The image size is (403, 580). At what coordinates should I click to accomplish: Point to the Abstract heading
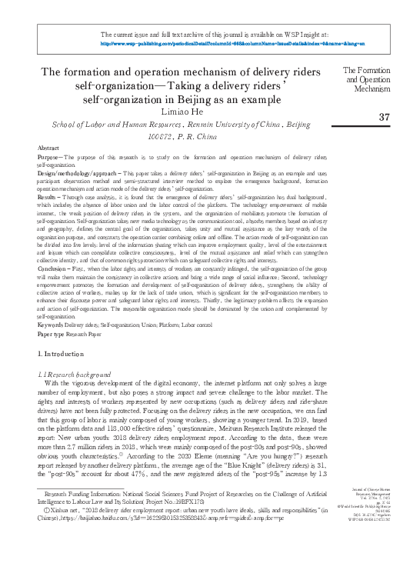pyautogui.click(x=48, y=146)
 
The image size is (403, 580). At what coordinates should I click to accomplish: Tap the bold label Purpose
pyautogui.click(x=48, y=157)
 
